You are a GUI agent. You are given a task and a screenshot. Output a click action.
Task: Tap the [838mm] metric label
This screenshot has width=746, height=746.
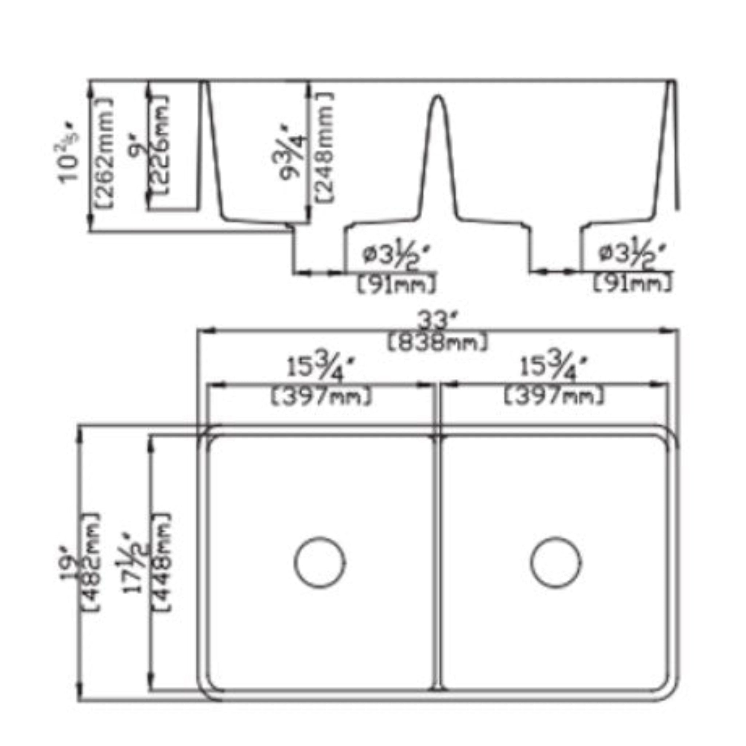click(x=437, y=343)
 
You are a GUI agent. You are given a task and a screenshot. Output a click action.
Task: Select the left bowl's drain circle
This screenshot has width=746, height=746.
click(x=320, y=562)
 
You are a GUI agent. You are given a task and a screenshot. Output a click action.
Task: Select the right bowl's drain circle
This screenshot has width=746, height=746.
click(x=556, y=562)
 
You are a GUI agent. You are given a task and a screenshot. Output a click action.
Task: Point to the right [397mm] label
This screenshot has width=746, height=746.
click(x=554, y=397)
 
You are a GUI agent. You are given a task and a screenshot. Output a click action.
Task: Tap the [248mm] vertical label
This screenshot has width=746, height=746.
click(x=323, y=147)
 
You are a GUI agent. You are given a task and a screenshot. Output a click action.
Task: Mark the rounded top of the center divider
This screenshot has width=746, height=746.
click(x=437, y=98)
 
